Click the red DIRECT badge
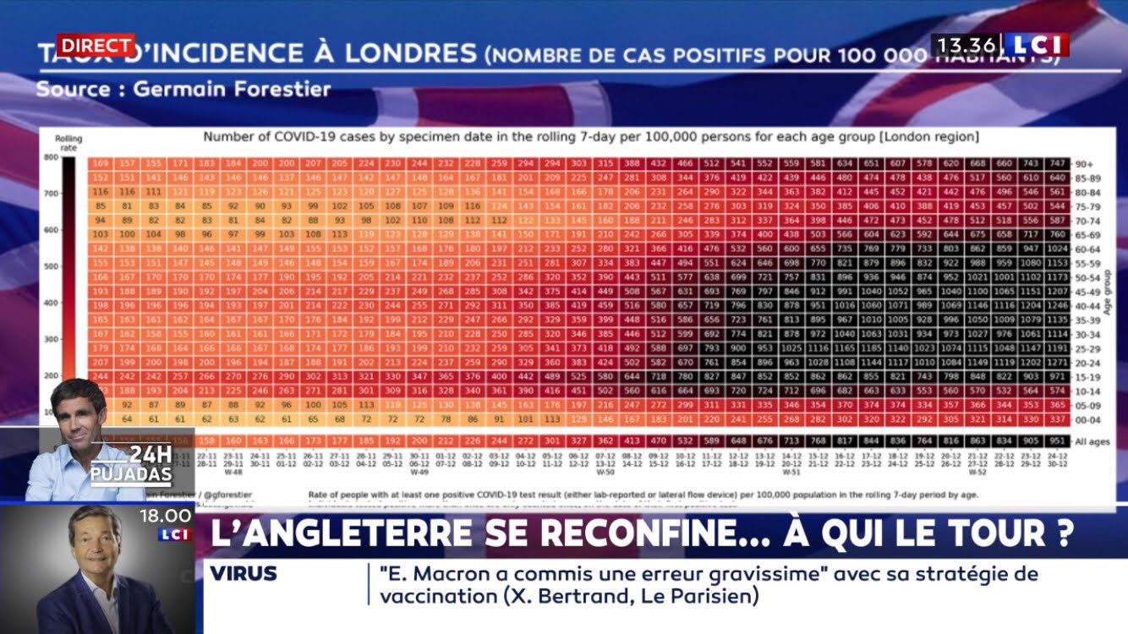click(x=96, y=45)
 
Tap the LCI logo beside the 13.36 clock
click(x=1037, y=45)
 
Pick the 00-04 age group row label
click(x=1087, y=419)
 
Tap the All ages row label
click(x=1091, y=441)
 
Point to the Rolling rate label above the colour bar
click(x=68, y=141)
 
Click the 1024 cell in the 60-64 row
click(x=1056, y=249)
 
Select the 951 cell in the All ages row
click(x=1056, y=441)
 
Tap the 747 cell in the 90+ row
click(x=1056, y=163)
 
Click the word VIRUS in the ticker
click(x=244, y=574)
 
